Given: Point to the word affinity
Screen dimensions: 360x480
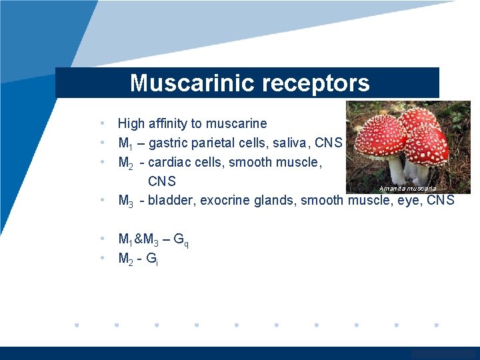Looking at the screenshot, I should (x=169, y=123).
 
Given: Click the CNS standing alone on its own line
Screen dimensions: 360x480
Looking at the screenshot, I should (x=162, y=181).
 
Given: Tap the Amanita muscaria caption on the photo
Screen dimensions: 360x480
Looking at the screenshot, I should (x=407, y=189).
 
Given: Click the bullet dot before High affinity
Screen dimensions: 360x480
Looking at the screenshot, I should (x=101, y=123).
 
